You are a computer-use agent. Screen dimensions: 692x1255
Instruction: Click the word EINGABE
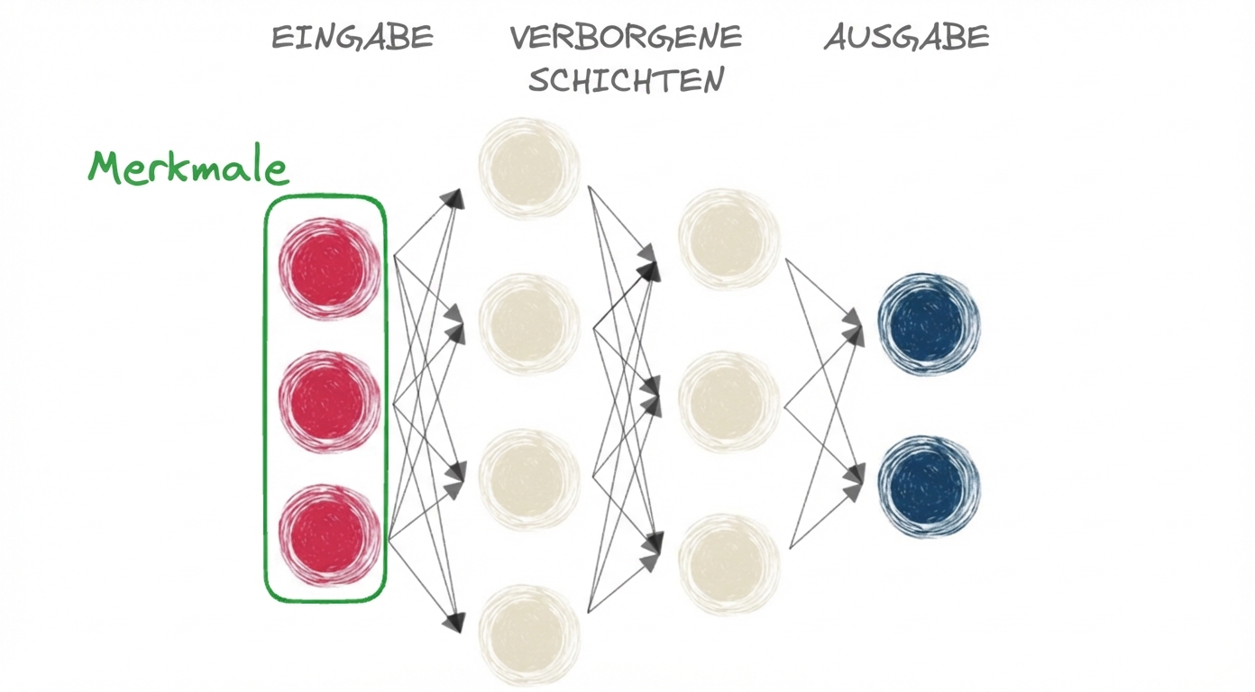point(353,38)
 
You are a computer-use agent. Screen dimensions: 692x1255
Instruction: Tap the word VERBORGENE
point(626,38)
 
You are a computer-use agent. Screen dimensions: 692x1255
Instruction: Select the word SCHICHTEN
point(626,81)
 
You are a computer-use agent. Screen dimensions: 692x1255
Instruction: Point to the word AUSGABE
point(906,38)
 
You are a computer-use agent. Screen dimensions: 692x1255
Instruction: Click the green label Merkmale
point(188,168)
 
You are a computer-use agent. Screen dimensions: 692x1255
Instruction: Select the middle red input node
point(328,401)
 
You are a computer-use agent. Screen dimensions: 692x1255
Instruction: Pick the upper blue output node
point(929,323)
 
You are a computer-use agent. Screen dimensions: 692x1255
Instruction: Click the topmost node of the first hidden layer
point(529,168)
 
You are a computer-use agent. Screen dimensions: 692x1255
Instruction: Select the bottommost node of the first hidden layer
point(529,635)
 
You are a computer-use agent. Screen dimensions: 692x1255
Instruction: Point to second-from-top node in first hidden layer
point(529,323)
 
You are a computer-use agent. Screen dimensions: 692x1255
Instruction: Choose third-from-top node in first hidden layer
point(529,478)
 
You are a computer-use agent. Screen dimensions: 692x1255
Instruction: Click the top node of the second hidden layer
point(728,239)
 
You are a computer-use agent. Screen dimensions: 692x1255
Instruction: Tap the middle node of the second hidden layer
point(728,401)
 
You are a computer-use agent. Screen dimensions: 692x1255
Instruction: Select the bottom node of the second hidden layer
point(728,563)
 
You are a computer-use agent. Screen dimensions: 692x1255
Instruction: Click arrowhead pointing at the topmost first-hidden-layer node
point(455,198)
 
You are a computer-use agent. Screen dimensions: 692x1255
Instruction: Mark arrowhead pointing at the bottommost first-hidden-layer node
point(455,622)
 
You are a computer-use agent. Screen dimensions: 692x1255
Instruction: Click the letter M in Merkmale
point(106,168)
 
